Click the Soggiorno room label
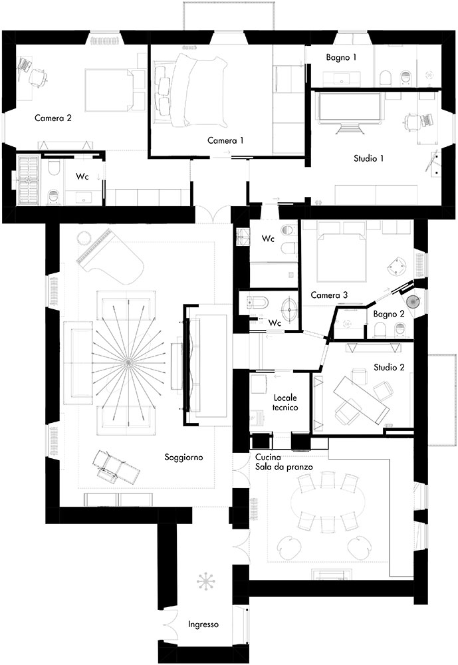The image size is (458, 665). pos(183,458)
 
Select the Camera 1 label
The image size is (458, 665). pos(225,140)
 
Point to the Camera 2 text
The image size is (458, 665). pos(53,118)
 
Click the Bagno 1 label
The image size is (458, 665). pos(342,57)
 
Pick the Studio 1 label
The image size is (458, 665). pos(368,158)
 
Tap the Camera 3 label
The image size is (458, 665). pos(329,295)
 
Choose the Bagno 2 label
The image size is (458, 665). pos(389,315)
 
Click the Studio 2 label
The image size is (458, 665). pos(389,367)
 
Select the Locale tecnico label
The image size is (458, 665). pos(285,402)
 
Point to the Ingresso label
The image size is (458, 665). pos(203,624)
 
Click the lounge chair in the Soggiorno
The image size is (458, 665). pos(116,467)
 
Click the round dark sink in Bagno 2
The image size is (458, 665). pos(413,301)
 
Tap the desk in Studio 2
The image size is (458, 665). pos(361,398)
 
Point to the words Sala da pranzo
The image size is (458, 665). pos(284,467)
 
